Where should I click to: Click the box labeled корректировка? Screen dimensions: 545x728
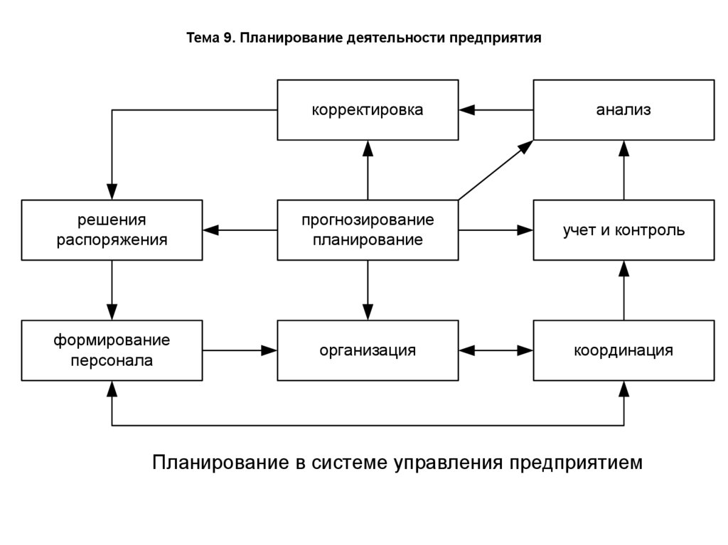pyautogui.click(x=368, y=110)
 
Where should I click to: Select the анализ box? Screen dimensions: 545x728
pyautogui.click(x=623, y=110)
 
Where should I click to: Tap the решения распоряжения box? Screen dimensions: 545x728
pyautogui.click(x=112, y=230)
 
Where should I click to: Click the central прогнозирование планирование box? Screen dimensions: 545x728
pyautogui.click(x=368, y=230)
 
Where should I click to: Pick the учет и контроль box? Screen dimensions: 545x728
pyautogui.click(x=623, y=230)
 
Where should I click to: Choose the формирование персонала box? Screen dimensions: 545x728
pyautogui.click(x=112, y=350)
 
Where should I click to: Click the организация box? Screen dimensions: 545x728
pyautogui.click(x=368, y=350)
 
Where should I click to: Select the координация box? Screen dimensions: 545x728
pyautogui.click(x=623, y=350)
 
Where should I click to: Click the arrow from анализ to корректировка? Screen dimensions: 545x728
pyautogui.click(x=496, y=110)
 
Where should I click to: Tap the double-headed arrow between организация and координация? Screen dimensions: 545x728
pyautogui.click(x=496, y=350)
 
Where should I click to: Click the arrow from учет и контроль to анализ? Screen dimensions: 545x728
pyautogui.click(x=623, y=170)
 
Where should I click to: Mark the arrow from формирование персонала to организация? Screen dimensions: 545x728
pyautogui.click(x=240, y=350)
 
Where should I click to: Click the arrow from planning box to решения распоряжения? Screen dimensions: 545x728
pyautogui.click(x=240, y=230)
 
